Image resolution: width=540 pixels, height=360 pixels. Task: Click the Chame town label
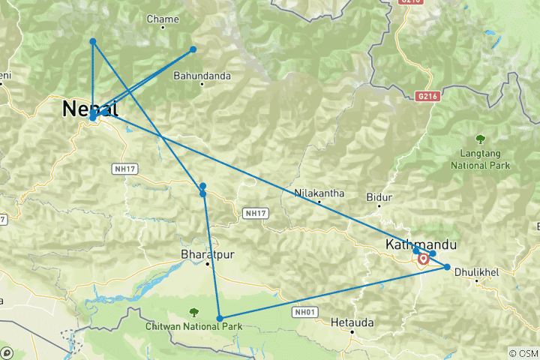pyautogui.click(x=162, y=19)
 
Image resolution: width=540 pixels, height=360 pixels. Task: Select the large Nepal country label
pyautogui.click(x=90, y=109)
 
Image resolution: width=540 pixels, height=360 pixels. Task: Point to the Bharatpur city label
pyautogui.click(x=208, y=254)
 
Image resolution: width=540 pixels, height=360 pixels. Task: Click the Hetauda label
pyautogui.click(x=352, y=322)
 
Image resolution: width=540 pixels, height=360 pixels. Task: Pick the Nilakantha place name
pyautogui.click(x=319, y=193)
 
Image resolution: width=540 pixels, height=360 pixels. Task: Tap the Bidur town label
pyautogui.click(x=379, y=196)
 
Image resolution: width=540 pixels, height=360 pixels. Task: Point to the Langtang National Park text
pyautogui.click(x=480, y=159)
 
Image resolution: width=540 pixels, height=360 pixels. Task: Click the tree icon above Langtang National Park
pyautogui.click(x=480, y=139)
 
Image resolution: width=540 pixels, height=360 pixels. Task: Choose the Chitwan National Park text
pyautogui.click(x=194, y=327)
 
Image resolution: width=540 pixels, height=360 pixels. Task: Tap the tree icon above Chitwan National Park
pyautogui.click(x=194, y=312)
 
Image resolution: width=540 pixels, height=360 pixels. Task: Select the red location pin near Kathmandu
pyautogui.click(x=424, y=259)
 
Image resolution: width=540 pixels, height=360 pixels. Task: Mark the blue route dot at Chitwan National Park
pyautogui.click(x=220, y=319)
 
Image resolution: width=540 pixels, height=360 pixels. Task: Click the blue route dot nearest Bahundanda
pyautogui.click(x=193, y=49)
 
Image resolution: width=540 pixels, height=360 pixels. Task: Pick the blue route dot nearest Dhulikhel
pyautogui.click(x=447, y=267)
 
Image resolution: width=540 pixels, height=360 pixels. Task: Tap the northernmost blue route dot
pyautogui.click(x=92, y=41)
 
